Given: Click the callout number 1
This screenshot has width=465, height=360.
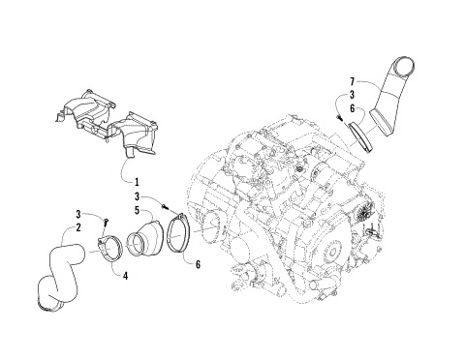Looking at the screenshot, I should point(136,182).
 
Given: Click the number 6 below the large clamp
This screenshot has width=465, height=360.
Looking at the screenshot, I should point(199,264).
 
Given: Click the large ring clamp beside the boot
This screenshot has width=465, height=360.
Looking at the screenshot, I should point(177,236).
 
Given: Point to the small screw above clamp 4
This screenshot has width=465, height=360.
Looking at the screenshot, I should point(105,223).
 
